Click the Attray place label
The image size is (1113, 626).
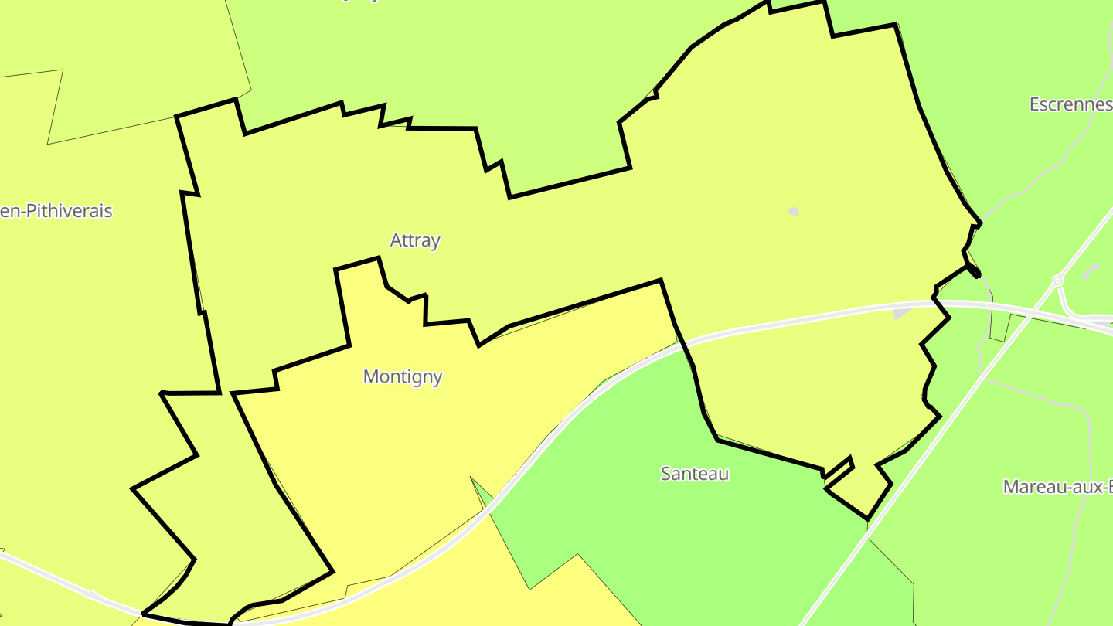pyautogui.click(x=415, y=240)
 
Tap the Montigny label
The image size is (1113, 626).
pyautogui.click(x=403, y=376)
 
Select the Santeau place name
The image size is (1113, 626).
pyautogui.click(x=694, y=473)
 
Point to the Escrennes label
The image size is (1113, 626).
pyautogui.click(x=1070, y=104)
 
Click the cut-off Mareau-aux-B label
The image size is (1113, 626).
pyautogui.click(x=1057, y=487)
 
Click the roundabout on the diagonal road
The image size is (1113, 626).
pyautogui.click(x=1057, y=281)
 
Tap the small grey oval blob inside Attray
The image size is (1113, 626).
pyautogui.click(x=793, y=211)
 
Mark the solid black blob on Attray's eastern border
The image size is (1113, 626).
pyautogui.click(x=975, y=271)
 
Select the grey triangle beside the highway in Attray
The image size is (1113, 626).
pyautogui.click(x=902, y=313)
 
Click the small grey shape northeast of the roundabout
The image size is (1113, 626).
pyautogui.click(x=1091, y=271)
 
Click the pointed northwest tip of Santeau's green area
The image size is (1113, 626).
pyautogui.click(x=472, y=480)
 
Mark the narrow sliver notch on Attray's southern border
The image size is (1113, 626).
pyautogui.click(x=838, y=468)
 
